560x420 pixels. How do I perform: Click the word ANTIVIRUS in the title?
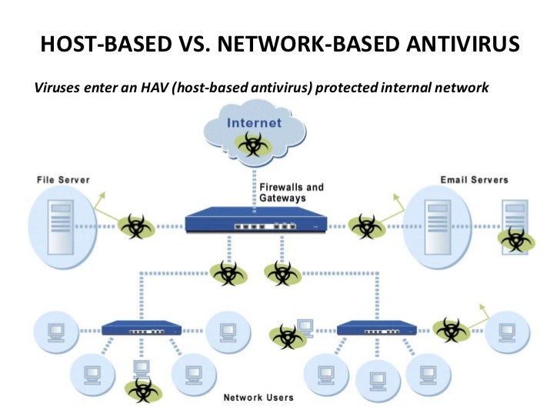point(462,44)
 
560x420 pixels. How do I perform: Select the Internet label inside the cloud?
point(254,123)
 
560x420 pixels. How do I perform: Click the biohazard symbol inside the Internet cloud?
point(253,145)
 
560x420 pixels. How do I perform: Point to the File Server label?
point(63,180)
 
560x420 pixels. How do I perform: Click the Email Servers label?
point(475,180)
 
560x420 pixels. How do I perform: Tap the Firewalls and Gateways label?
point(292,192)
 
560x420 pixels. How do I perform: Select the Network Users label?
point(258,398)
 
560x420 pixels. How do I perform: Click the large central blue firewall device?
point(255,220)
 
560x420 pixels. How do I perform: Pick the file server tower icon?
point(60,227)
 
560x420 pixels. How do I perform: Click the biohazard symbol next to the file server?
point(136,226)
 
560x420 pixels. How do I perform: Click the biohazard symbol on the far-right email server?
point(516,239)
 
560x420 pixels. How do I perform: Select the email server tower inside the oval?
point(438,227)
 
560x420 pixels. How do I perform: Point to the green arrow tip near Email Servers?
point(395,195)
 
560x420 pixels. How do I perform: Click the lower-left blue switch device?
point(142,328)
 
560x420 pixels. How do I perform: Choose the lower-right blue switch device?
point(377,328)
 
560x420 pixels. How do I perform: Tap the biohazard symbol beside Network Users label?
point(143,390)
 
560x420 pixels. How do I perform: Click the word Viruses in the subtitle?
point(57,88)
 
